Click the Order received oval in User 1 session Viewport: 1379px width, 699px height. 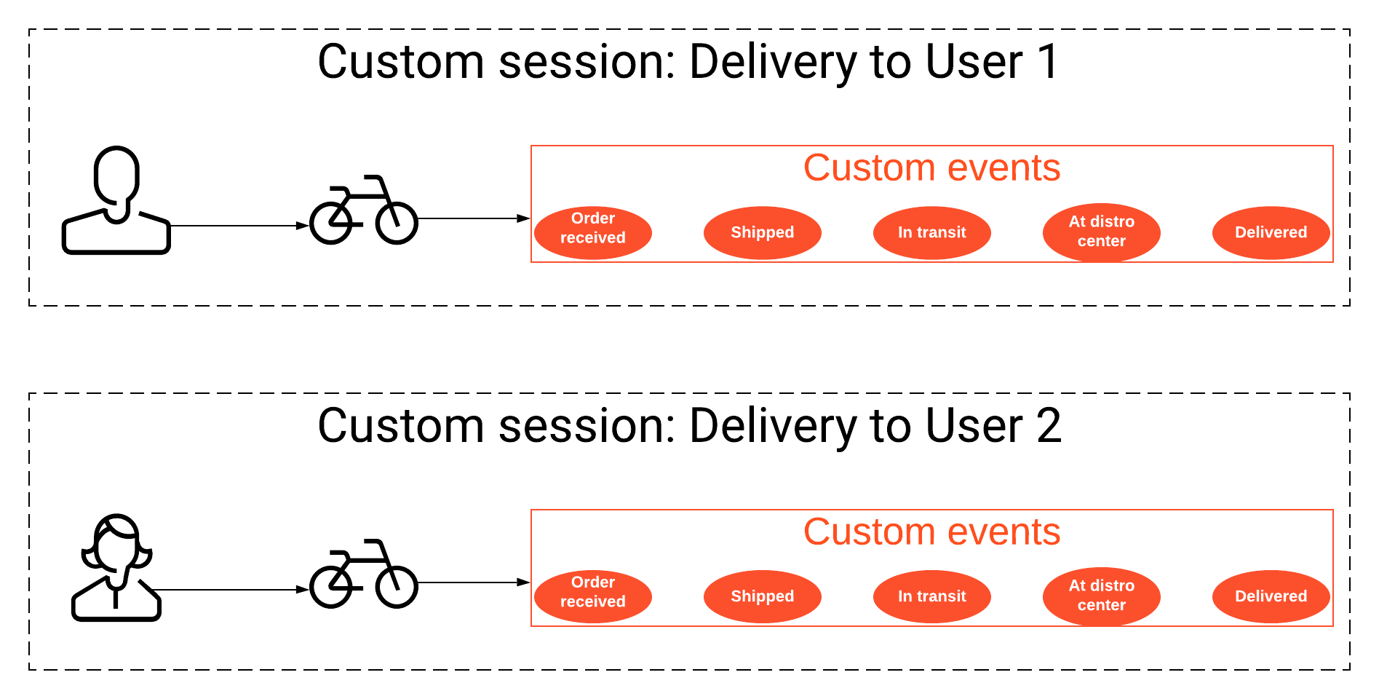coord(592,233)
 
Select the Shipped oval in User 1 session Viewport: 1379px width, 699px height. coord(762,233)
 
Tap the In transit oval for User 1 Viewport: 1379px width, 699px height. coord(931,233)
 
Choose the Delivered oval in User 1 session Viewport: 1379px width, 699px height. coord(1271,233)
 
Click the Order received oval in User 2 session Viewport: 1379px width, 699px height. coord(592,597)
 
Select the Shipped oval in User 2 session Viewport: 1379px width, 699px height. coord(762,597)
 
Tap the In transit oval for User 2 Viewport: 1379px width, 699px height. coord(931,597)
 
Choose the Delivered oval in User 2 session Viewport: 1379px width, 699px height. coord(1271,597)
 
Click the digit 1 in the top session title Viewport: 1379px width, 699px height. coord(1049,62)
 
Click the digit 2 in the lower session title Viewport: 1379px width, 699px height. coord(1049,426)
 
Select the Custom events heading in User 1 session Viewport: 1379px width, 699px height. coord(931,168)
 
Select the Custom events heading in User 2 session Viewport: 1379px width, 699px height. coord(931,532)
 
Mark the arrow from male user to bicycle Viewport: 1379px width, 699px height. coord(239,226)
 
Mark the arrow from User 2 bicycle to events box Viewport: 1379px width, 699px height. coord(474,582)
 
